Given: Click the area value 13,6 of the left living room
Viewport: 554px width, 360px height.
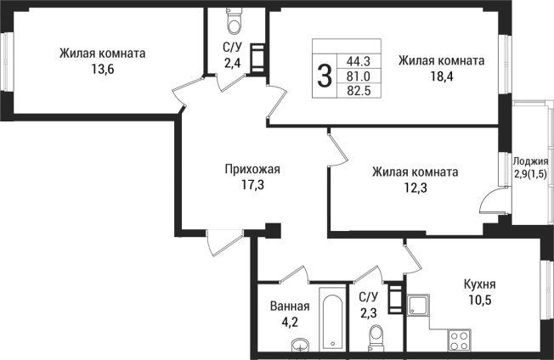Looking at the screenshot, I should (x=102, y=69).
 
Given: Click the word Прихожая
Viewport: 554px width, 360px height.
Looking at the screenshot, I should (x=252, y=169).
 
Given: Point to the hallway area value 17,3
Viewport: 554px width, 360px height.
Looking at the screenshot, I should (x=252, y=184).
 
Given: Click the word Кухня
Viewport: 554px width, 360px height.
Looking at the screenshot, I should (x=480, y=285).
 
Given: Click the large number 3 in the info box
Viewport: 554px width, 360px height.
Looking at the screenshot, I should (x=325, y=76).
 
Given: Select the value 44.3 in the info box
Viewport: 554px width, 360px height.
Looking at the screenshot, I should (x=359, y=61).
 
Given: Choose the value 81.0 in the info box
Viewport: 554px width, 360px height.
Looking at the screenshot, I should (x=359, y=76).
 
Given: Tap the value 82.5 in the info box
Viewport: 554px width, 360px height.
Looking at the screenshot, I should (x=359, y=90).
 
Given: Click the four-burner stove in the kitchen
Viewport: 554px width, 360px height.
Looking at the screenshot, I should (x=460, y=339).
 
